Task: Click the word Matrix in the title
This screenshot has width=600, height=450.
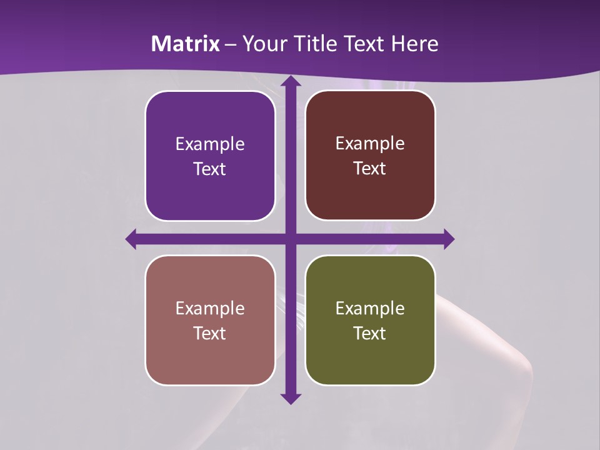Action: (x=186, y=44)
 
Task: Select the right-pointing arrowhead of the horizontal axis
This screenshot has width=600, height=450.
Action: (x=448, y=239)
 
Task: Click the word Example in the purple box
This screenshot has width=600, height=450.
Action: (x=210, y=144)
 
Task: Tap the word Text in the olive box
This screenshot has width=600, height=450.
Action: (x=370, y=333)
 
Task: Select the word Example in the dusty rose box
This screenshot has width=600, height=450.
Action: (x=210, y=308)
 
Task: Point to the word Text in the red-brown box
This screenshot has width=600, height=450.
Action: (x=370, y=169)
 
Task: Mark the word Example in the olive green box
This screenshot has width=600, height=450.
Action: (x=370, y=308)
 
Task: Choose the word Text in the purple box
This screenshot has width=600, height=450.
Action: (x=210, y=169)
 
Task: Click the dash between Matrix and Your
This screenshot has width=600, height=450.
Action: (x=231, y=44)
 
